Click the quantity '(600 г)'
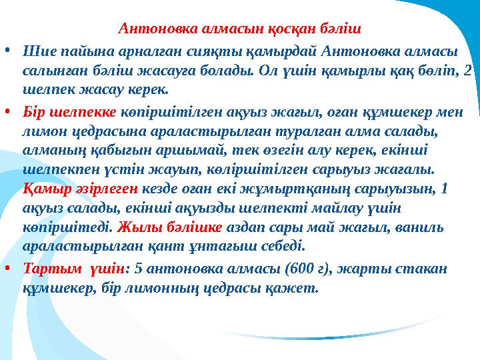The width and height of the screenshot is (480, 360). coord(309,269)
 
